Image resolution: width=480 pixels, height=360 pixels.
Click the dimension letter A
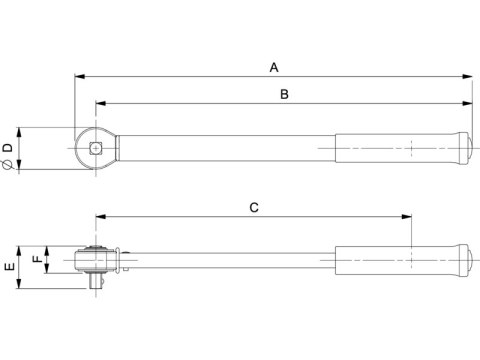pyautogui.click(x=273, y=68)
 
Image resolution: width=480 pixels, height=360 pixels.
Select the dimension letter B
pyautogui.click(x=284, y=94)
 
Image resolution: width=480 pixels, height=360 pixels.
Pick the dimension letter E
pyautogui.click(x=9, y=268)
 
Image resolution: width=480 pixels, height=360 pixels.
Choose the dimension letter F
pyautogui.click(x=38, y=259)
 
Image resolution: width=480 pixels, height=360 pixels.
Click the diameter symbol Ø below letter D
pyautogui.click(x=8, y=164)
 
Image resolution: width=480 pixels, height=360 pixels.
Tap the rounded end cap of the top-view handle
pyautogui.click(x=466, y=149)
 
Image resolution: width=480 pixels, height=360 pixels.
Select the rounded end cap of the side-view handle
pyautogui.click(x=466, y=262)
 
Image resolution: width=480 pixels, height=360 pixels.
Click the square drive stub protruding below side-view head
pyautogui.click(x=95, y=284)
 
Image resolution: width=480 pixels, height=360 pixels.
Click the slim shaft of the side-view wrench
pyautogui.click(x=230, y=262)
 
